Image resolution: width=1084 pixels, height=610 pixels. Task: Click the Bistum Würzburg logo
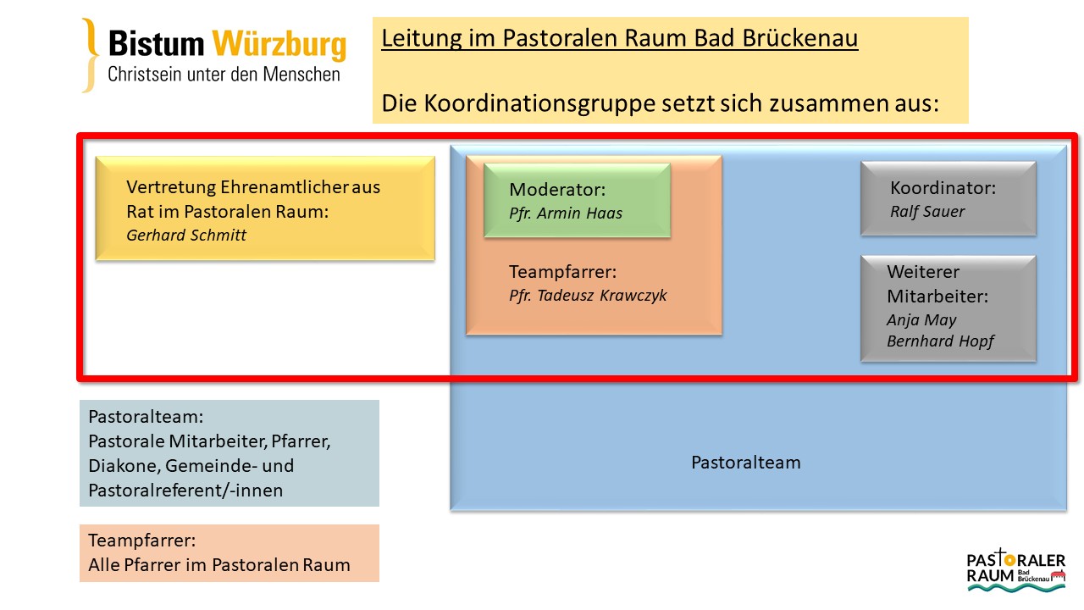[x=213, y=55]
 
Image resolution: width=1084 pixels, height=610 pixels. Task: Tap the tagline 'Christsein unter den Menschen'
[x=224, y=75]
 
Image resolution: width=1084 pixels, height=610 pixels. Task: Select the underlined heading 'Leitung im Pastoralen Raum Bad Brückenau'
[x=620, y=39]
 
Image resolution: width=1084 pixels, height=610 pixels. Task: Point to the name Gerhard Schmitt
[x=186, y=236]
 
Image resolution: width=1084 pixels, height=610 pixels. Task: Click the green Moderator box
[x=577, y=200]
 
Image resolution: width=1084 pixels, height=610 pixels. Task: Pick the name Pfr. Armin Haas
[x=566, y=213]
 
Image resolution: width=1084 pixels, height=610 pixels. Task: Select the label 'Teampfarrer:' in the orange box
[x=562, y=272]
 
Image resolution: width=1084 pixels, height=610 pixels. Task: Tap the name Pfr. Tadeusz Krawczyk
[x=588, y=295]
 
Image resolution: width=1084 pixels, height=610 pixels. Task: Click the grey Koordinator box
[x=948, y=198]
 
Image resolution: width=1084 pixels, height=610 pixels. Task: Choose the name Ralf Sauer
[x=928, y=212]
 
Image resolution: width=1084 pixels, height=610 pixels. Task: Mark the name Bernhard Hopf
[x=940, y=341]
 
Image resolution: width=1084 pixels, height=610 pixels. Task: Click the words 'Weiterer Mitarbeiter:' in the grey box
[x=937, y=285]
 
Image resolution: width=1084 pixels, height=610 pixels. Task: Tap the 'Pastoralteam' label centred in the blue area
[x=745, y=463]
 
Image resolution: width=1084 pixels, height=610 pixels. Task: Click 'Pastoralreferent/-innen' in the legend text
[x=185, y=491]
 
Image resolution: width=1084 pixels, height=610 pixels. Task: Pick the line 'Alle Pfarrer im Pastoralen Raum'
[x=219, y=565]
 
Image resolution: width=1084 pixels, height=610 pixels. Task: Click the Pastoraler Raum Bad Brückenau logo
[x=1015, y=568]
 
